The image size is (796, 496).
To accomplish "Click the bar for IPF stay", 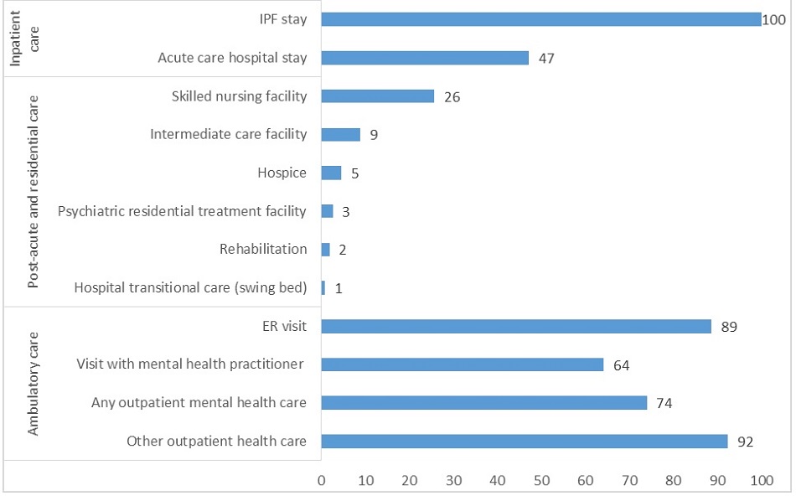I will click(540, 19).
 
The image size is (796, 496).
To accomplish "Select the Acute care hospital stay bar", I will click(425, 58).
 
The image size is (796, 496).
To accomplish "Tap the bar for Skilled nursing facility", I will click(378, 96).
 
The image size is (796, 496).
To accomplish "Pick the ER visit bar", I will click(516, 326).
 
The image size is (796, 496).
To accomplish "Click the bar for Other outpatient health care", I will click(524, 441).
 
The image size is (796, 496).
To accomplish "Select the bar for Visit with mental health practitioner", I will click(462, 364).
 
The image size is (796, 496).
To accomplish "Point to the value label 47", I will click(547, 59).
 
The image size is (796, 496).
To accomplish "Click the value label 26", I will click(452, 97).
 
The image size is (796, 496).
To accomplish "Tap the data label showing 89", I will click(730, 327).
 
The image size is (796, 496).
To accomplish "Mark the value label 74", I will click(664, 403).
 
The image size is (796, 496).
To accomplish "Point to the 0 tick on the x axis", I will click(321, 480).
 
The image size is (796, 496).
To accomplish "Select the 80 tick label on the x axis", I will click(674, 480).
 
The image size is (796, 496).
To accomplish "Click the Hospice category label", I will click(282, 173).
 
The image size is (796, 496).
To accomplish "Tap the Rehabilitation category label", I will click(262, 249).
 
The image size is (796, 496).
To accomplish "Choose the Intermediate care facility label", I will click(228, 134).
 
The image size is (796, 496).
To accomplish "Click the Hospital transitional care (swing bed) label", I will click(190, 287).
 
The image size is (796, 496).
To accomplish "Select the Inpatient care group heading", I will click(23, 39).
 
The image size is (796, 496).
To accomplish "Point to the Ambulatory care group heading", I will click(34, 384).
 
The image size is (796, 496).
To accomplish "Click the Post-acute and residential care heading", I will click(34, 192).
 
